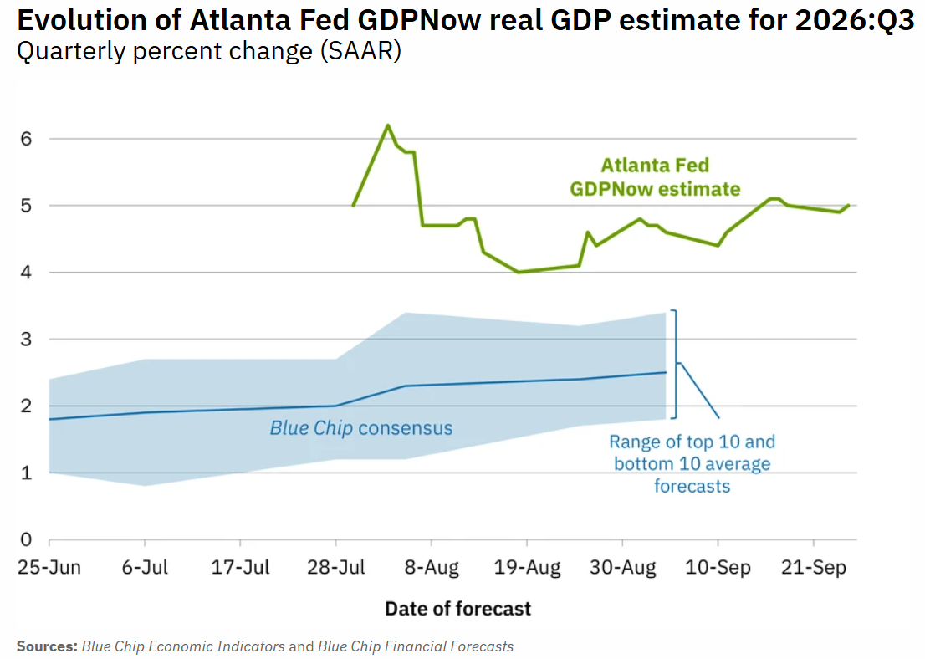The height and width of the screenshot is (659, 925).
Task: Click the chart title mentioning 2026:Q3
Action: pos(466,20)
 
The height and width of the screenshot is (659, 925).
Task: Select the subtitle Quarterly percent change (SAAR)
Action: pos(209,51)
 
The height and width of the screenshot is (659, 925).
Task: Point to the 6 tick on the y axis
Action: pos(26,139)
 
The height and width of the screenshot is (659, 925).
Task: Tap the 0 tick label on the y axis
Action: pos(26,539)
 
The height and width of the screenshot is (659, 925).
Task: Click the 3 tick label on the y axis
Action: pos(26,340)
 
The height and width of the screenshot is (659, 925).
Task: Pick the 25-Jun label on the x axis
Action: pos(49,568)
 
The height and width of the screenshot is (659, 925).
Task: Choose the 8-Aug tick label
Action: pos(432,568)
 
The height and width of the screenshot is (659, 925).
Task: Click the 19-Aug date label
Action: pos(527,568)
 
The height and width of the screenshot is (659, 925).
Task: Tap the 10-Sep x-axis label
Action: pos(718,568)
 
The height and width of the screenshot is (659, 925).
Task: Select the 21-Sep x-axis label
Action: pos(814,568)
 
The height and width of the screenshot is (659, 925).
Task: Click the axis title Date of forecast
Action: pos(457,609)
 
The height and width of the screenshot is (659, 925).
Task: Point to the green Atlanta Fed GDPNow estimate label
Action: pos(655,177)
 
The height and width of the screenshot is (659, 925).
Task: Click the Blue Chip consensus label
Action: pos(361,427)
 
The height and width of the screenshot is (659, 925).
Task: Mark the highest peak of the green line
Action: pos(387,125)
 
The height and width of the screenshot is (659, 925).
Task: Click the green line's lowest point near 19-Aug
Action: pos(518,272)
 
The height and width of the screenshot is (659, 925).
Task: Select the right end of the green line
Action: pos(849,206)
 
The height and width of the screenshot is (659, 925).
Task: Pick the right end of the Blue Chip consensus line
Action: pos(666,372)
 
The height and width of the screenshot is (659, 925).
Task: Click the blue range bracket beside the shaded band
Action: pos(676,364)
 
